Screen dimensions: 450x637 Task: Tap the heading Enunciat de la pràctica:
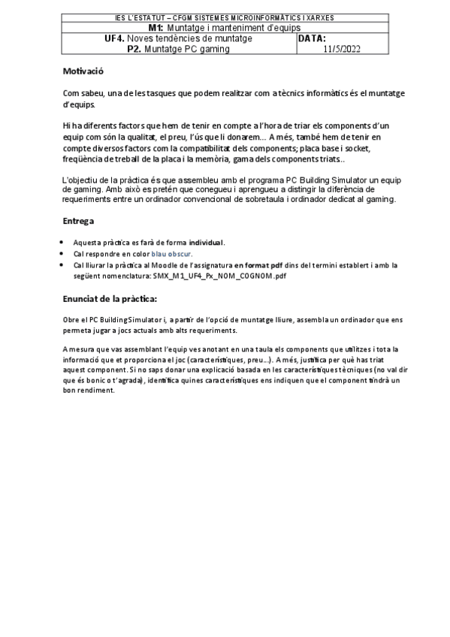pos(110,299)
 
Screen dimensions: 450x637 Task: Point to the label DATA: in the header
pos(312,38)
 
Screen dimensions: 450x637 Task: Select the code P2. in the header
pos(134,49)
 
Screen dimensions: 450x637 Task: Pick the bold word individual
pos(205,243)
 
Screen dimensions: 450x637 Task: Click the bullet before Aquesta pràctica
pos(61,243)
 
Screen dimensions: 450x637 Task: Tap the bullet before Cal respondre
pos(61,254)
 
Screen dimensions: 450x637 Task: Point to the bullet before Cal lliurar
pos(61,265)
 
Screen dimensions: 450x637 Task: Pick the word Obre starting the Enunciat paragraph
pos(71,320)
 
